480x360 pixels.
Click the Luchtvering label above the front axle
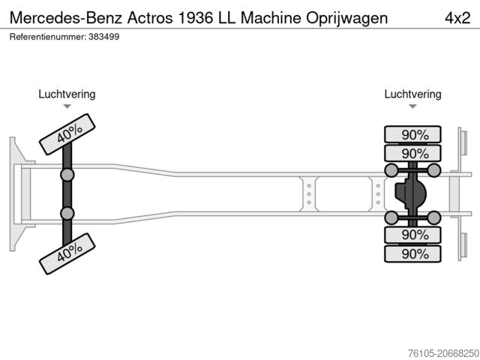pos(67,94)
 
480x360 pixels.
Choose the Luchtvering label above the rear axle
pos(412,94)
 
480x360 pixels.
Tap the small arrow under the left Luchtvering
pos(67,107)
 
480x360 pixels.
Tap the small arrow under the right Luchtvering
pos(412,107)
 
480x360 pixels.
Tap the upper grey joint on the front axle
pos(67,175)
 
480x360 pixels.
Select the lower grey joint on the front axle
pos(67,214)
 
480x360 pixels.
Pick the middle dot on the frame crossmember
pos(308,193)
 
